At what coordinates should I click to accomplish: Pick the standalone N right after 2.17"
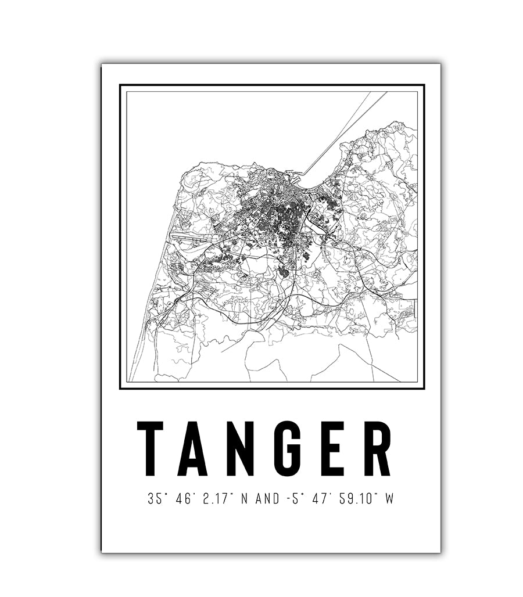click(x=243, y=499)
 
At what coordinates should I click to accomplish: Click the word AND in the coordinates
click(x=267, y=499)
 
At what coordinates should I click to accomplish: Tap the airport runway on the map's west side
click(x=189, y=237)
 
